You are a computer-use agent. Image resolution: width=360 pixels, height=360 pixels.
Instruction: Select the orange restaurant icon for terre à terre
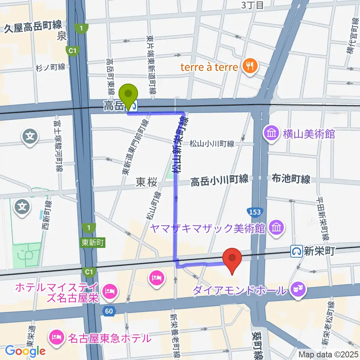tap(249, 67)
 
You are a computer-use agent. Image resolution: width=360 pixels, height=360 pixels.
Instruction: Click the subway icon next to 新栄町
tap(297, 251)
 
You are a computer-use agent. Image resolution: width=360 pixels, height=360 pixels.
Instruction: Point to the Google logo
tap(25, 351)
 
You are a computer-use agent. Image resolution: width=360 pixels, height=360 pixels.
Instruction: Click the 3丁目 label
tap(252, 5)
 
